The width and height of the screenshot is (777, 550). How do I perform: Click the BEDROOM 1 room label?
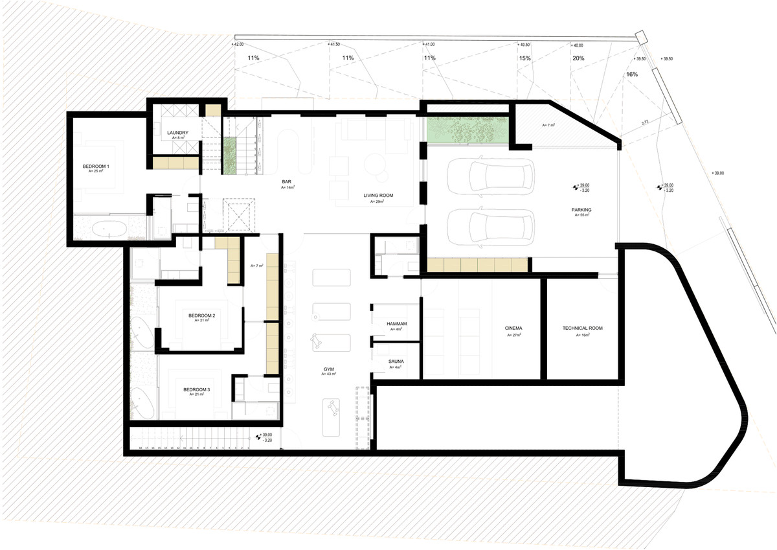pyautogui.click(x=96, y=166)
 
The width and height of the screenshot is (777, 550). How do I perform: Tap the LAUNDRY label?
pyautogui.click(x=177, y=133)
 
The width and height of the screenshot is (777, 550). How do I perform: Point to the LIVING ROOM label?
pyautogui.click(x=378, y=196)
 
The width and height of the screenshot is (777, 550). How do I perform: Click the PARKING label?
pyautogui.click(x=581, y=210)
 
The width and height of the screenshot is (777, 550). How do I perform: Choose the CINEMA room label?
pyautogui.click(x=514, y=328)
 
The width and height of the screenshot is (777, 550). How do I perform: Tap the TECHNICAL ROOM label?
pyautogui.click(x=582, y=328)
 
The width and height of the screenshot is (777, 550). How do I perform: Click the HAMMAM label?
pyautogui.click(x=396, y=323)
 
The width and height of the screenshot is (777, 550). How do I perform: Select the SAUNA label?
pyautogui.click(x=396, y=361)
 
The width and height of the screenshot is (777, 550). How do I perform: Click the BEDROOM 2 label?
pyautogui.click(x=202, y=315)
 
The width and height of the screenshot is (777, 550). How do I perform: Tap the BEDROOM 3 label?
pyautogui.click(x=196, y=390)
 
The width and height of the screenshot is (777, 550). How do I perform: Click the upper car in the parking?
pyautogui.click(x=499, y=178)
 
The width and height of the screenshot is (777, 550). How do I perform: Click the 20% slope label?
pyautogui.click(x=578, y=58)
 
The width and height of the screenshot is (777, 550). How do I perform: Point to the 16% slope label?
pyautogui.click(x=632, y=74)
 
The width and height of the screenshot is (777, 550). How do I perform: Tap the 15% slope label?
pyautogui.click(x=524, y=58)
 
